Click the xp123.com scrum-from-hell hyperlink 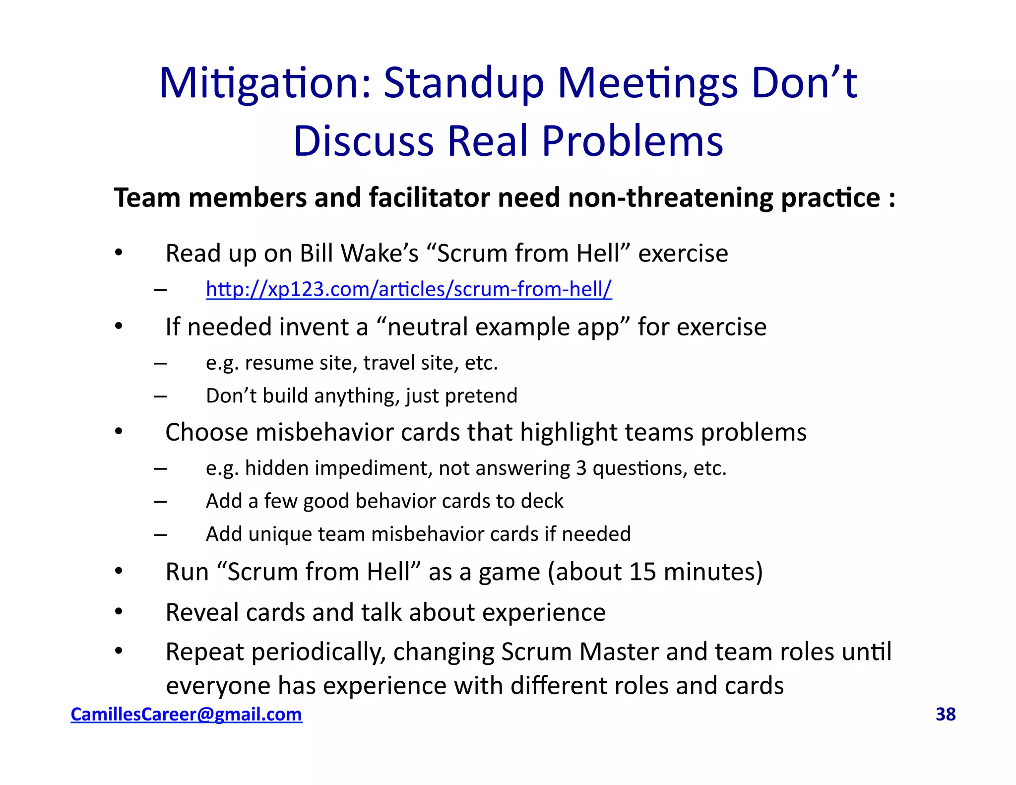click(409, 289)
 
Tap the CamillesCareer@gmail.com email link click(186, 714)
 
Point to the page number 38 click(945, 714)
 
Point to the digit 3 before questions click(581, 468)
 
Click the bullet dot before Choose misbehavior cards click(119, 431)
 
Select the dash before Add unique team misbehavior click(160, 534)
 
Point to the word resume click(279, 363)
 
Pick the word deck click(545, 501)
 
